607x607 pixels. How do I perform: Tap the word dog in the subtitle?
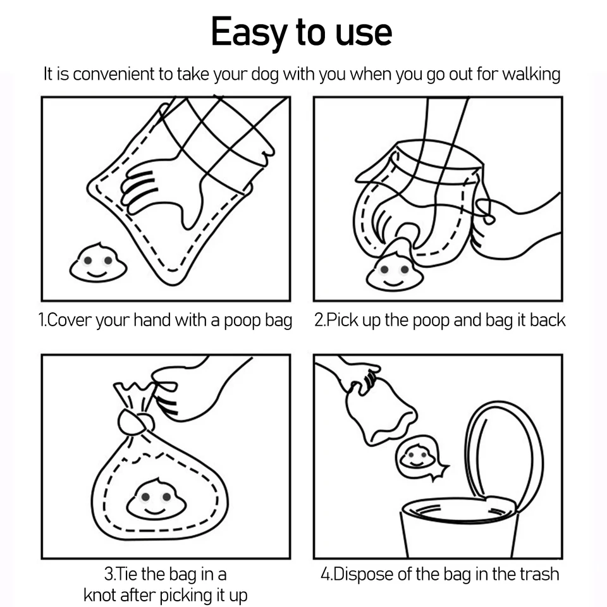[265, 75]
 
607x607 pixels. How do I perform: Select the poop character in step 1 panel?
[98, 262]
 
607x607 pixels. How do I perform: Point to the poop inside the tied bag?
[156, 499]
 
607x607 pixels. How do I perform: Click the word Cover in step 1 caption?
[70, 320]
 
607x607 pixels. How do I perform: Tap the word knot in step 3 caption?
[100, 595]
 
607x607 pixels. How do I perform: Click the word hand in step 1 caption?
[152, 320]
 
